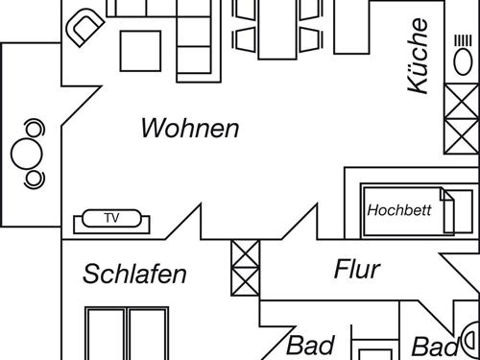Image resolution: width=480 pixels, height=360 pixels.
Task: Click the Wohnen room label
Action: point(189,128)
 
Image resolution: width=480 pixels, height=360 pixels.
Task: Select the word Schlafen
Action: point(134,275)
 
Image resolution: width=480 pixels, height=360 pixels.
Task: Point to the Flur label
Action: point(357,270)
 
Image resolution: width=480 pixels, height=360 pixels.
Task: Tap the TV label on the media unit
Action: point(112,219)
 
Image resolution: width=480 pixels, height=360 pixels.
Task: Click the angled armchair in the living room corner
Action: point(84,28)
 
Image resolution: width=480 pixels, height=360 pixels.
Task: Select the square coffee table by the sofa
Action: point(141,53)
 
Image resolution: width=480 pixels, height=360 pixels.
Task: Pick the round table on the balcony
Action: point(23,153)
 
